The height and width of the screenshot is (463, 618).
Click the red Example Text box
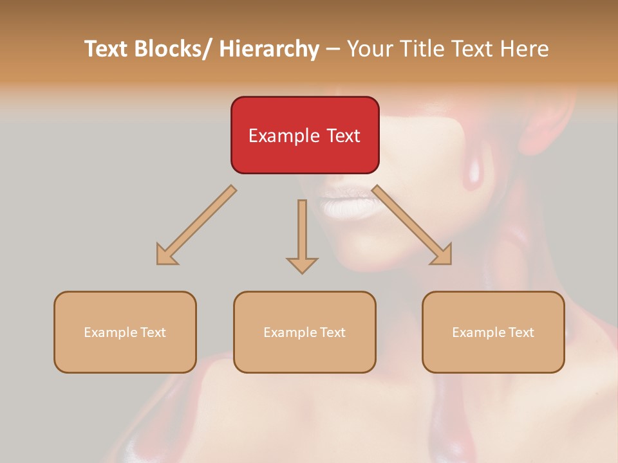[x=304, y=135]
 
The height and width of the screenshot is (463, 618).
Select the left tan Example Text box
[x=125, y=332]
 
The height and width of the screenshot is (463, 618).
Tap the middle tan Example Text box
[x=304, y=332]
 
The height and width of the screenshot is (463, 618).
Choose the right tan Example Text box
[x=493, y=332]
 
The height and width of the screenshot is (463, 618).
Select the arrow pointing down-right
[x=412, y=225]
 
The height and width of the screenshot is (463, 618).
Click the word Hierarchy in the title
[x=269, y=49]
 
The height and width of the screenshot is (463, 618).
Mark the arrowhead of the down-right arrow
[x=441, y=254]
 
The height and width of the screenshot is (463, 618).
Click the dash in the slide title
[x=333, y=49]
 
